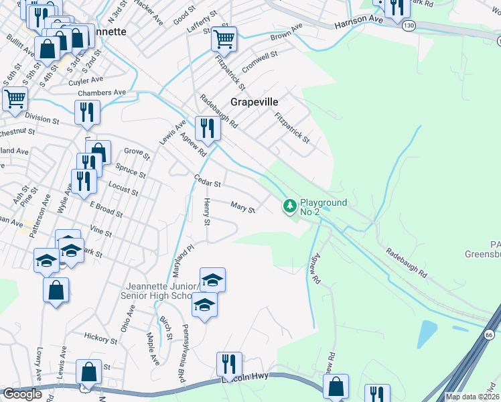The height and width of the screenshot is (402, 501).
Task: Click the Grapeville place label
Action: coord(254,103)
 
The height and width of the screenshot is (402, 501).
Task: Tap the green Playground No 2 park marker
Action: coord(290,206)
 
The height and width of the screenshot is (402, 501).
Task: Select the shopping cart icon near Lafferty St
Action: coord(224,39)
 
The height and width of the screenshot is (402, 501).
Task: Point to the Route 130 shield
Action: coord(408,25)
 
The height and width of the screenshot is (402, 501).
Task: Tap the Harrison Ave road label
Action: coord(359,21)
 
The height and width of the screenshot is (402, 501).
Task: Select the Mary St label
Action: coord(242,208)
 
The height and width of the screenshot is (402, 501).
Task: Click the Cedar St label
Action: coord(207,180)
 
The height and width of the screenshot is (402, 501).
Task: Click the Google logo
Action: coord(23,394)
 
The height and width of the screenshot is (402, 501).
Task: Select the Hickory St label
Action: coord(102,338)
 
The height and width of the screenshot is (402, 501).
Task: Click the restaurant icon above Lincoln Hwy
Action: coord(229,364)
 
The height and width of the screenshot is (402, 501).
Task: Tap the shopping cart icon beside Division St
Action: coord(14,99)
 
